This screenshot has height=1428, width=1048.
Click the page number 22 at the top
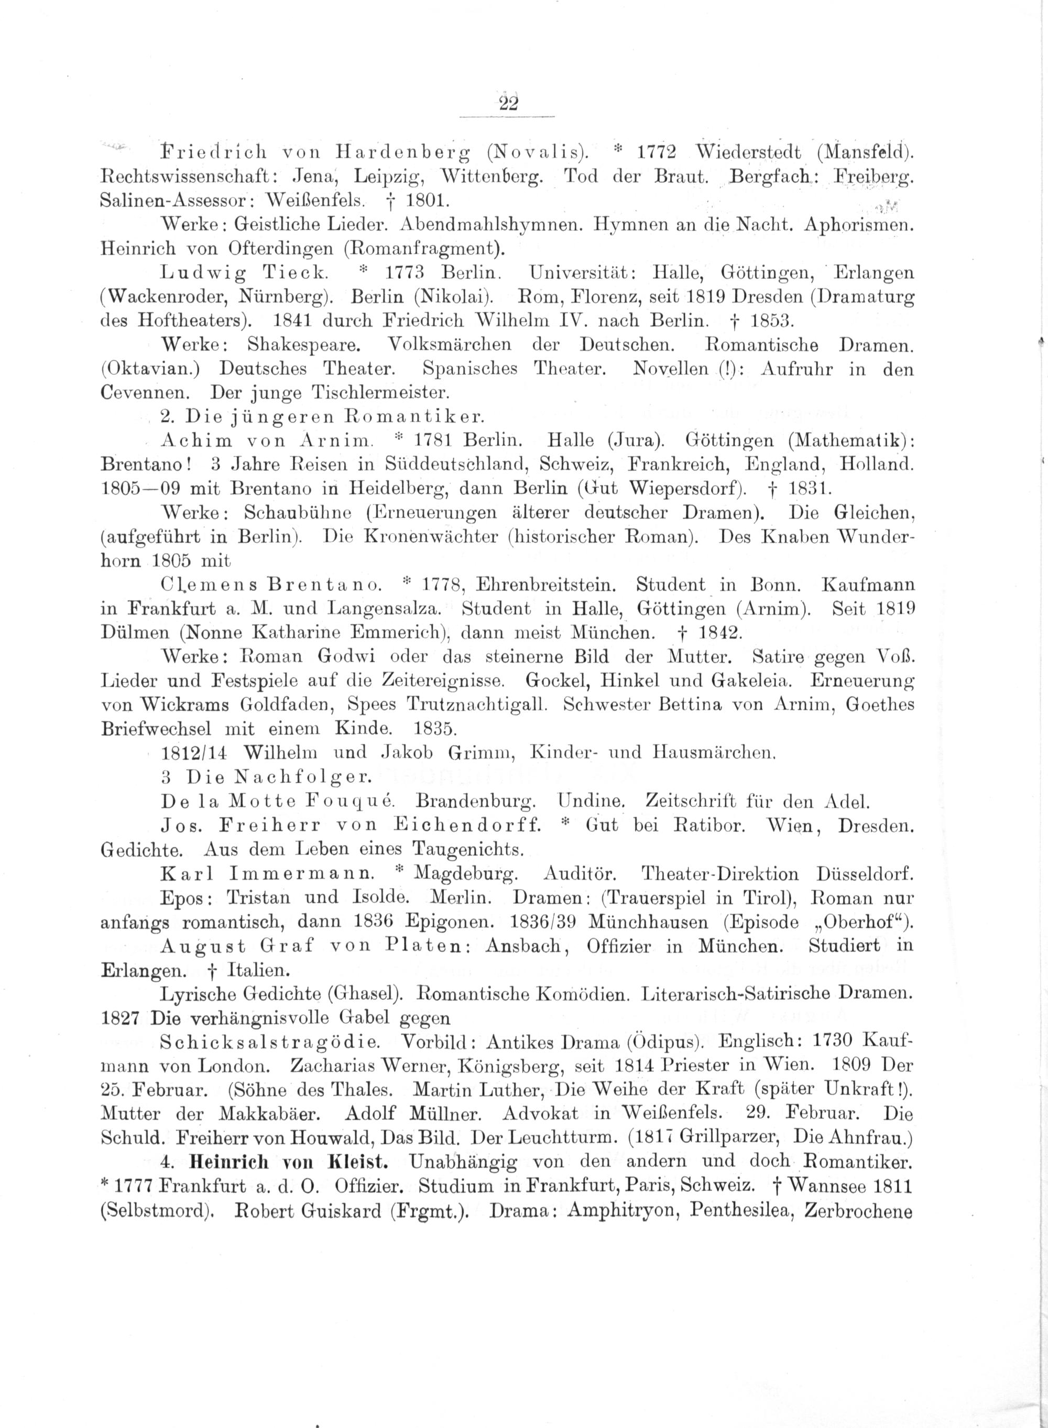pyautogui.click(x=509, y=103)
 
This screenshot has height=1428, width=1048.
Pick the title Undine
pyautogui.click(x=590, y=801)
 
